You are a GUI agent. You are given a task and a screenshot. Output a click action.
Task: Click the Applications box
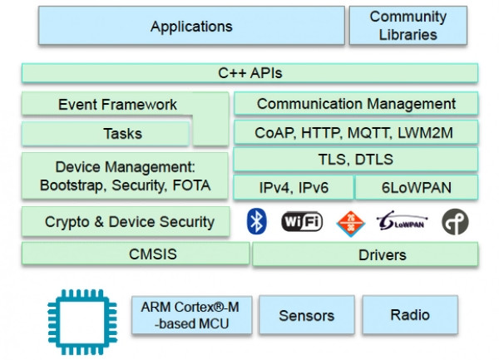[191, 26]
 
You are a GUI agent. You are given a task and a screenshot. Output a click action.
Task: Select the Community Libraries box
[408, 26]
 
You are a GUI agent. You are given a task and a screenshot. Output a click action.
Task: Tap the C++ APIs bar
[249, 73]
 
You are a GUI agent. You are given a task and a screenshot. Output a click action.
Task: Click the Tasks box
[106, 134]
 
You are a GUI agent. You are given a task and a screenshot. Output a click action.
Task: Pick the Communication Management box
[356, 104]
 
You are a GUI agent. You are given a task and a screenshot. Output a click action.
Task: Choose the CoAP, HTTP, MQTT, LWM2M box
[356, 132]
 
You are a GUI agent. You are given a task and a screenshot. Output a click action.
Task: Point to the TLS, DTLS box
[356, 160]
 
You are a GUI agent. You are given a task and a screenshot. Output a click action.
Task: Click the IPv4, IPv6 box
[294, 187]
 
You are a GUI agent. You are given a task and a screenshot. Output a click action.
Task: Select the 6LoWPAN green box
[417, 187]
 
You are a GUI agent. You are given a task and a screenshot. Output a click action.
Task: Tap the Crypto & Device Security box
[126, 222]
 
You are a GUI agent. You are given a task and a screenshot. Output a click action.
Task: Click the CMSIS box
[136, 254]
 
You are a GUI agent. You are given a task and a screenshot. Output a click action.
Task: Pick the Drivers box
[365, 254]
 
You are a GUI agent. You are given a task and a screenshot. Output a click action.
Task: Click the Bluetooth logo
[256, 221]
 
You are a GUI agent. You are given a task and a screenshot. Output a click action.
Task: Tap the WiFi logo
[302, 221]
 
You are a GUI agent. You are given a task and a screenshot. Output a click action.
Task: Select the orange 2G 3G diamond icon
[351, 224]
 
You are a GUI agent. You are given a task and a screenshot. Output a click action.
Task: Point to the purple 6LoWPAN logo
[402, 220]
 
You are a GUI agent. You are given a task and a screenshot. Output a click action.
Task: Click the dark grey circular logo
[455, 222]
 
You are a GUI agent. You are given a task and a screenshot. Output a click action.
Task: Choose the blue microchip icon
[82, 322]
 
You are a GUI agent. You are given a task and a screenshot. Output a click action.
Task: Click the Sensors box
[306, 315]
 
